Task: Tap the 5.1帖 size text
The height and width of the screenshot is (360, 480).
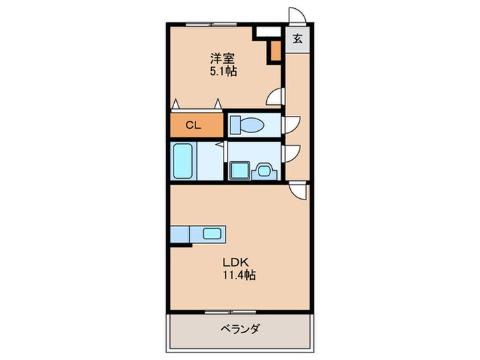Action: coord(222,71)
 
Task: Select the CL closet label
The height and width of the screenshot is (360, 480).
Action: coord(194,125)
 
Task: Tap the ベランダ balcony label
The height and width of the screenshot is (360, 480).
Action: coord(239,328)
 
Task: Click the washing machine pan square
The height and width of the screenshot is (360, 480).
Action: coord(239,169)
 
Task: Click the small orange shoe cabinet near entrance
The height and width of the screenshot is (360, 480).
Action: coord(275,51)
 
